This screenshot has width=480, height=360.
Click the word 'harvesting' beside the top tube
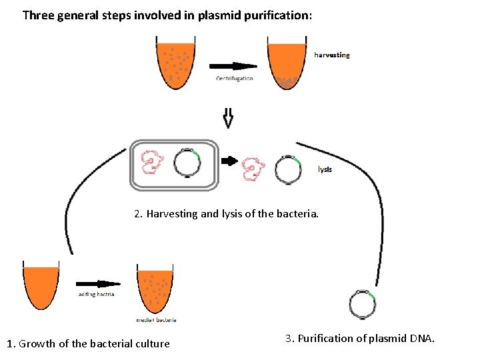click(x=331, y=55)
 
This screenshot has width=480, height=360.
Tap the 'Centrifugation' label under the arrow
click(x=234, y=79)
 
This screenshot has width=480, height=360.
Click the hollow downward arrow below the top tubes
click(x=228, y=118)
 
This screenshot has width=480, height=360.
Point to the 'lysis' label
click(x=325, y=169)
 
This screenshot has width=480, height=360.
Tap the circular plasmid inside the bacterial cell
click(x=187, y=162)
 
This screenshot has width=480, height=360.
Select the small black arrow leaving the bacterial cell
click(x=229, y=161)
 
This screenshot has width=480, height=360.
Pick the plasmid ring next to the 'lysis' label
click(x=288, y=169)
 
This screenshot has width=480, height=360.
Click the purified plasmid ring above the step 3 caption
click(x=363, y=304)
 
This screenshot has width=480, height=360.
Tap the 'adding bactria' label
click(x=96, y=294)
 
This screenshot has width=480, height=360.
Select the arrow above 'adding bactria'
click(x=97, y=283)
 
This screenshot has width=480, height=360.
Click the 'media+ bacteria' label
click(x=156, y=320)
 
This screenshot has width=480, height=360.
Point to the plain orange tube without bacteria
click(x=41, y=285)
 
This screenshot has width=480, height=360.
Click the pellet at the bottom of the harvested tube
click(x=287, y=83)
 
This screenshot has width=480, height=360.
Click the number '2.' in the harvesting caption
click(x=138, y=214)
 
